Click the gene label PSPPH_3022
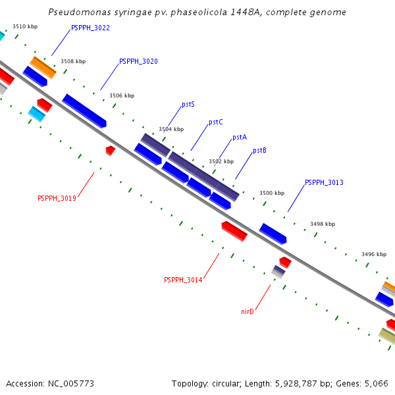(x=90, y=28)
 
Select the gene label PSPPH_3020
(x=138, y=61)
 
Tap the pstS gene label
(x=188, y=105)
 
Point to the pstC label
(x=216, y=122)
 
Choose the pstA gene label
(x=240, y=138)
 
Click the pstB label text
(x=259, y=151)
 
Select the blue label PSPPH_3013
(x=324, y=182)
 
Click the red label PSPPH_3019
(x=57, y=198)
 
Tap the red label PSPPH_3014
(x=183, y=280)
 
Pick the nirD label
(x=248, y=311)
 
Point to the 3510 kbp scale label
(x=25, y=27)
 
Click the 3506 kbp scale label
(x=122, y=95)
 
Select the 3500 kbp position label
(x=272, y=193)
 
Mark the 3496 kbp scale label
(x=374, y=254)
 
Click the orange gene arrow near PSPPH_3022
(x=43, y=67)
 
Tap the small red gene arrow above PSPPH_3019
(x=111, y=151)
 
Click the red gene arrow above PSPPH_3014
(x=234, y=231)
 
